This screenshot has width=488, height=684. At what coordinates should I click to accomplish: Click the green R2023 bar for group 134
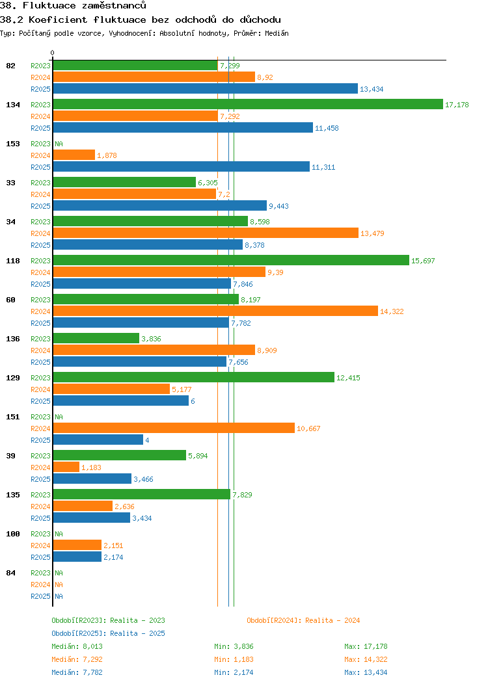click(x=247, y=104)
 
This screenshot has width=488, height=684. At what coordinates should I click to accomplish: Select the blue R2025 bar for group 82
click(x=205, y=88)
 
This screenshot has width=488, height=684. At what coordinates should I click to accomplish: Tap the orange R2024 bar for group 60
click(x=215, y=311)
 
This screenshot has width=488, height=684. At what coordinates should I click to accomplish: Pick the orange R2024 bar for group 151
click(x=173, y=428)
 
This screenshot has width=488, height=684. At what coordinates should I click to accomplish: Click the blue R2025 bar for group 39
click(x=92, y=479)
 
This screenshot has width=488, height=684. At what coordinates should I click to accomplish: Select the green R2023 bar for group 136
click(x=96, y=338)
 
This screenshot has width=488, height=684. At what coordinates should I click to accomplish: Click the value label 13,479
click(x=373, y=233)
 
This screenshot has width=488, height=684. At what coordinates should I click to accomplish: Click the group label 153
click(x=12, y=144)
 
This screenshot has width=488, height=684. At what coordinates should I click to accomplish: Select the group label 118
click(x=12, y=261)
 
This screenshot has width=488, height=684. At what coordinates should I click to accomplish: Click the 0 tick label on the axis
click(x=53, y=53)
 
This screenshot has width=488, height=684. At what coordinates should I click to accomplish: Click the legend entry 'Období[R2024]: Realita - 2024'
click(x=303, y=620)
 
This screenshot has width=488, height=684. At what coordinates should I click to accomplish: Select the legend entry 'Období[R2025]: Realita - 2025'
click(x=108, y=633)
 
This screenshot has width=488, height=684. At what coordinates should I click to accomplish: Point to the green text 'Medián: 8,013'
click(x=77, y=646)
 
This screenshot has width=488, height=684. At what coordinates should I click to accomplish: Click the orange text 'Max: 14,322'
click(x=366, y=659)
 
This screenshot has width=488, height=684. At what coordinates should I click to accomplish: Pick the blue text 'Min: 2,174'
click(x=235, y=672)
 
